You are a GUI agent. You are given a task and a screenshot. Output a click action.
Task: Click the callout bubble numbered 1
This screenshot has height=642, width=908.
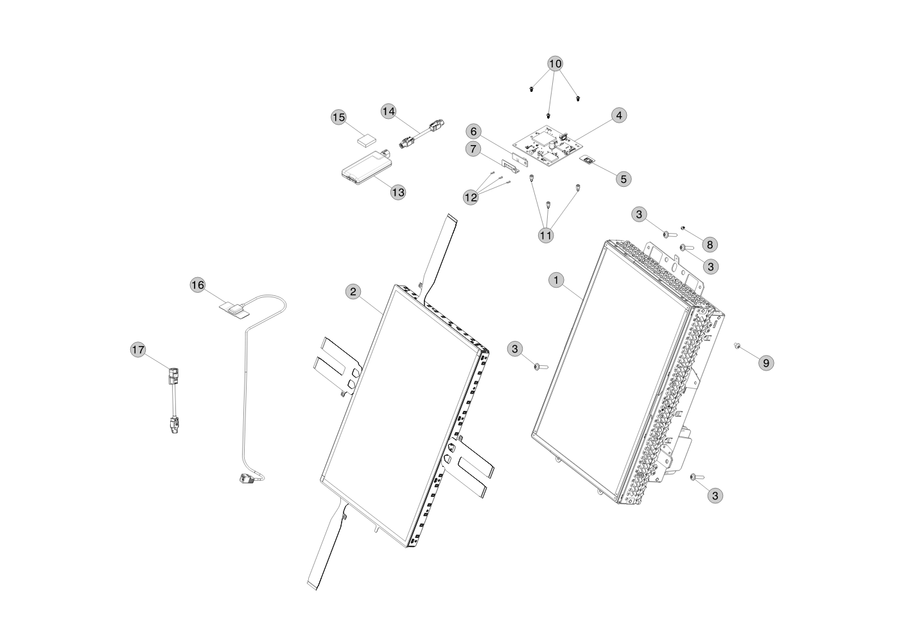coord(557,279)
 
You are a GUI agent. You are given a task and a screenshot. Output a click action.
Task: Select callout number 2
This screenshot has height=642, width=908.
coord(353,291)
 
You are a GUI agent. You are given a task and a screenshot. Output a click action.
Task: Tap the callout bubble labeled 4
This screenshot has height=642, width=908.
coord(618,116)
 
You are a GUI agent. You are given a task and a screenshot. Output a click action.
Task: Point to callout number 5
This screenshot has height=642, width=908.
coord(624,178)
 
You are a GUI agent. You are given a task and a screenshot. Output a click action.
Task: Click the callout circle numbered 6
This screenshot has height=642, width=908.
coord(474,132)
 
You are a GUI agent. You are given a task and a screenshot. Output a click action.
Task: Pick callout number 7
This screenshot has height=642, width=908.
coord(474,149)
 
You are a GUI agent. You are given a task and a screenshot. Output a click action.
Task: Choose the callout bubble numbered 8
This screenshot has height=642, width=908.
coord(709,244)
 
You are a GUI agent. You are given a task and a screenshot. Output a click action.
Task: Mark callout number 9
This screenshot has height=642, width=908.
coord(765,363)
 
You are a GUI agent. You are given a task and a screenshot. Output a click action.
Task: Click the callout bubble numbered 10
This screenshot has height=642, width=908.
coord(555,64)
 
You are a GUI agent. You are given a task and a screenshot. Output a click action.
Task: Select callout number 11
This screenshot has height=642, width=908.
coord(546,235)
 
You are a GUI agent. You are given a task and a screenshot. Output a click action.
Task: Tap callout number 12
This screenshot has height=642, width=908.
coord(471,197)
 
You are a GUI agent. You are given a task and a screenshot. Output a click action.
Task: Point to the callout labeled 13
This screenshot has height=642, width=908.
coord(398,192)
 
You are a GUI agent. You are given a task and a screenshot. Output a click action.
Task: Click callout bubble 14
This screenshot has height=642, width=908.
coord(389,111)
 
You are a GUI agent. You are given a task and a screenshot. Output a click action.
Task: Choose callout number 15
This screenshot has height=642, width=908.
coord(338,117)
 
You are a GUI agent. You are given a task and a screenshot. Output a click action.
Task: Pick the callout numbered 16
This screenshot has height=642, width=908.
coord(198,284)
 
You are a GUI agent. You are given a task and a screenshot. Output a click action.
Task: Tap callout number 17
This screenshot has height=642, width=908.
coord(138,349)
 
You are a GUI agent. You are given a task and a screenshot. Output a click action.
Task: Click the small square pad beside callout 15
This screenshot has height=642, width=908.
coord(367,138)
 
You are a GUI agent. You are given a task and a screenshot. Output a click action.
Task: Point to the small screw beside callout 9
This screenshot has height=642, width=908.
coord(738,346)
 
